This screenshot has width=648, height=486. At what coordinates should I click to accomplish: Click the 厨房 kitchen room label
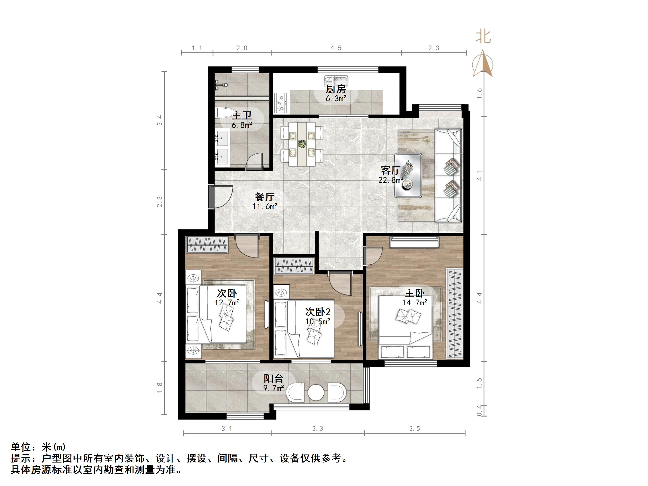336,89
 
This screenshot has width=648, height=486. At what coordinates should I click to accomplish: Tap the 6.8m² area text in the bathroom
242,125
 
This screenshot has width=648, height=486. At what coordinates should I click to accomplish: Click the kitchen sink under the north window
336,80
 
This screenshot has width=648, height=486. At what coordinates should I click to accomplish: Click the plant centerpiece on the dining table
302,144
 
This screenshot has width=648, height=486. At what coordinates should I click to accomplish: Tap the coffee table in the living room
408,175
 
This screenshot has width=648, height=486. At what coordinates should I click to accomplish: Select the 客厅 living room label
390,170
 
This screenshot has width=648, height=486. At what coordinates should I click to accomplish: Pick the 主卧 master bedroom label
415,293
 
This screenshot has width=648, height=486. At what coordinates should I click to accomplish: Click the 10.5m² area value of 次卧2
318,322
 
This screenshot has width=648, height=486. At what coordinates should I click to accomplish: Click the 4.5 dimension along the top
336,48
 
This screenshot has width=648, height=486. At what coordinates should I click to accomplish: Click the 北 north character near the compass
483,37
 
